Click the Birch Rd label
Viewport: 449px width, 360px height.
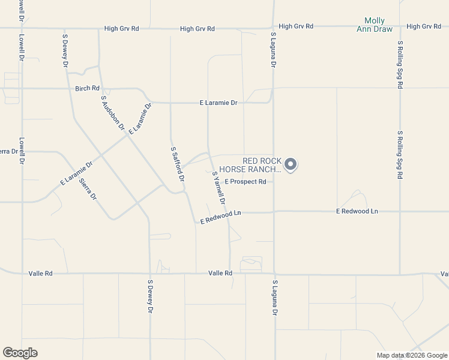(x=87, y=88)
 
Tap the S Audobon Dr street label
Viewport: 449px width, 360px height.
(x=112, y=113)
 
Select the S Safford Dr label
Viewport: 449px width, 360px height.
(x=177, y=163)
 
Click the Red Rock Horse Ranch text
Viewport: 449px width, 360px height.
(x=261, y=165)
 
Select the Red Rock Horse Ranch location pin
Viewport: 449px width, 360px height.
(x=291, y=164)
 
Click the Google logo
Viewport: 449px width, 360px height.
(x=20, y=353)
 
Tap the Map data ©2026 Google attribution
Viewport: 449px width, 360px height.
(x=412, y=355)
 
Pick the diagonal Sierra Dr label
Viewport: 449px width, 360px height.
(x=88, y=188)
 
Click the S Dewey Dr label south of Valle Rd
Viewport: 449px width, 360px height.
(x=151, y=296)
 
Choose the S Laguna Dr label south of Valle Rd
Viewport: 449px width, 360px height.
(x=275, y=298)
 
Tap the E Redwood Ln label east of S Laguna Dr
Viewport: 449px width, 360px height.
(x=357, y=211)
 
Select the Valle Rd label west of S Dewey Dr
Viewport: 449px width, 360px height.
(x=41, y=274)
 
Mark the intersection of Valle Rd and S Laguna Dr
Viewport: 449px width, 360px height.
(x=274, y=274)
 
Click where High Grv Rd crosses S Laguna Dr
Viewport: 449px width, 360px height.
(x=274, y=27)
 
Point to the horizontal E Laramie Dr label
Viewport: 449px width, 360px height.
(x=218, y=103)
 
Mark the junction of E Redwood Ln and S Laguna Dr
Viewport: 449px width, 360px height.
(x=274, y=211)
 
